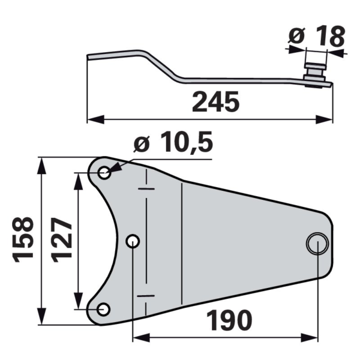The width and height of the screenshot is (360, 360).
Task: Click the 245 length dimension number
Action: click(x=215, y=101)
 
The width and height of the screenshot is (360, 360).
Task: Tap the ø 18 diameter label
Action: click(x=317, y=36)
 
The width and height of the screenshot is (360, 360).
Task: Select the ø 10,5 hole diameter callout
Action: click(x=173, y=142)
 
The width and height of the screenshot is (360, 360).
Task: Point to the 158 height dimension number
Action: click(x=23, y=239)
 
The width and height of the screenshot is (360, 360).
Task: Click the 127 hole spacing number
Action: click(x=61, y=239)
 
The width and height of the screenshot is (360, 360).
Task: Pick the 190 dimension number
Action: click(x=229, y=320)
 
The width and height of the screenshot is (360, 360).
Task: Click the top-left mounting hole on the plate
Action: click(x=104, y=173)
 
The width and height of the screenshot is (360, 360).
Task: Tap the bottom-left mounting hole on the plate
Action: click(x=104, y=309)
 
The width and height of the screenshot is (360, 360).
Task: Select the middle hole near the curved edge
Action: click(x=133, y=241)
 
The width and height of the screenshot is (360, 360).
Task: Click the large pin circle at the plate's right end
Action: click(x=317, y=244)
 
